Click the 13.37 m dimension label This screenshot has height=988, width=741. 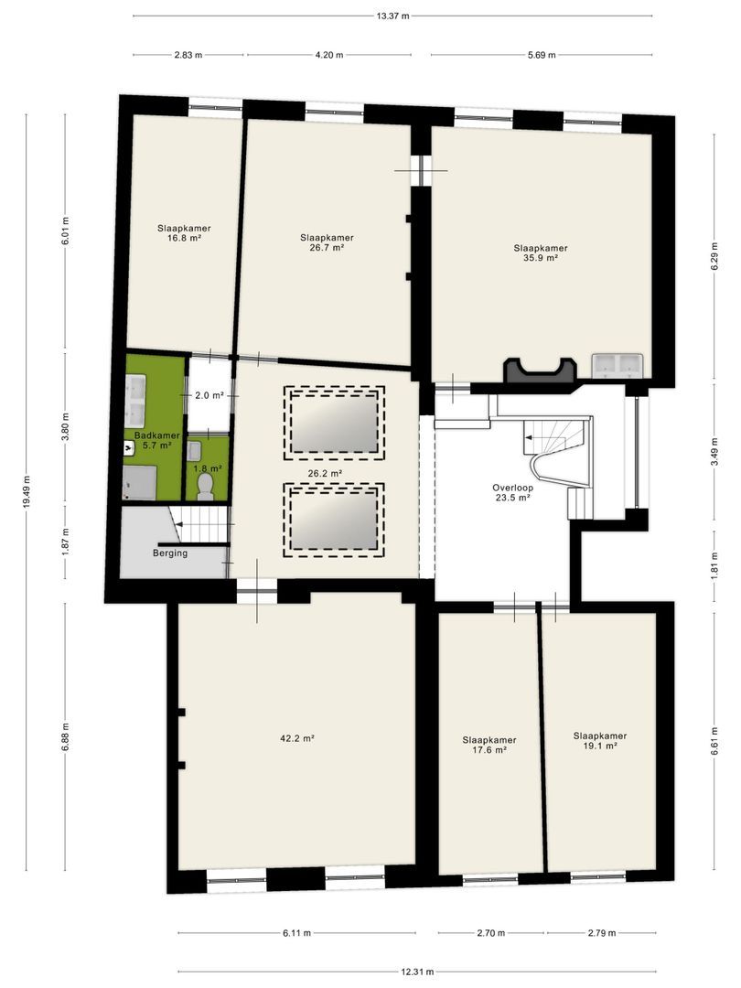pos(392,16)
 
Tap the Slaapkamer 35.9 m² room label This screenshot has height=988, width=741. pos(540,252)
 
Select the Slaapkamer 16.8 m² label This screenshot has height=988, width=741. pos(184,233)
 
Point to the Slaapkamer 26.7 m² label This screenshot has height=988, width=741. pos(327,242)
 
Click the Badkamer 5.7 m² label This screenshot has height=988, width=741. pos(157,440)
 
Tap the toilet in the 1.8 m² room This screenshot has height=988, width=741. pos(206,486)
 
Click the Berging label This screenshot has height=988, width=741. pos(170,553)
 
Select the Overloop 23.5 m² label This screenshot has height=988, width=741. pos(513,492)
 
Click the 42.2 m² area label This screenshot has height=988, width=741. pos(296,738)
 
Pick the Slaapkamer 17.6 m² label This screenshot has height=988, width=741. pos(489,745)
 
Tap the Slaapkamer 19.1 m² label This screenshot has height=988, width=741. pos(600,740)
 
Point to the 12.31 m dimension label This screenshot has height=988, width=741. pos(417,972)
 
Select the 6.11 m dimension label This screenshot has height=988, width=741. pos(296,933)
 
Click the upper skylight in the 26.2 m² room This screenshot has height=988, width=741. pos(334,423)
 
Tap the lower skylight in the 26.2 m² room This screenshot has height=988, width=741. pos(334,521)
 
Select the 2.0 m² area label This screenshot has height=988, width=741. pos(209,396)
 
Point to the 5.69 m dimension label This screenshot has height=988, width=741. pos(542,55)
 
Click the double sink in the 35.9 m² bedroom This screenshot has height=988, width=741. pos(617,365)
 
